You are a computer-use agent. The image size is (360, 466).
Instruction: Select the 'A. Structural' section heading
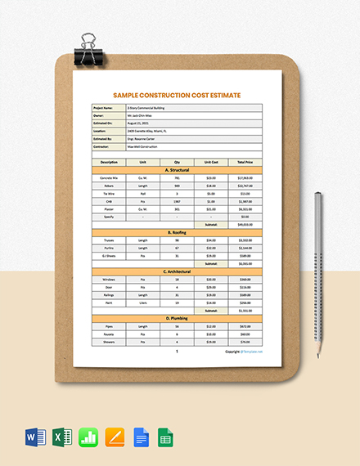pos(178,170)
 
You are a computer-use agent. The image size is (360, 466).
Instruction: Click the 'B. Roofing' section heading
pos(178,233)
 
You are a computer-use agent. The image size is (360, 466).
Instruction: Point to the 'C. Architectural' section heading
pos(178,271)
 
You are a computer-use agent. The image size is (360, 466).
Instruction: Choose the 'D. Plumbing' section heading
pos(178,318)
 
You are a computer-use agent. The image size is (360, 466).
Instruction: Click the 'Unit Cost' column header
pos(211,162)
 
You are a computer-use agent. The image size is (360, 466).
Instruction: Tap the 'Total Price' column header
pos(245,162)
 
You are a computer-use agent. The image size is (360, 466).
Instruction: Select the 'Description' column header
pos(109,162)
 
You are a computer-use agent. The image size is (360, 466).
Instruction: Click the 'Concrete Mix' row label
pos(109,177)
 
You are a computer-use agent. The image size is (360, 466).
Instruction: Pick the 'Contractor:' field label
pos(103,147)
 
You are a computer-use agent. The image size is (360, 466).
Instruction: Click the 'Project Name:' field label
pos(104,107)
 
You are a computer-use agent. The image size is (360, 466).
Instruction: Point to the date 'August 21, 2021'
pos(139,123)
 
